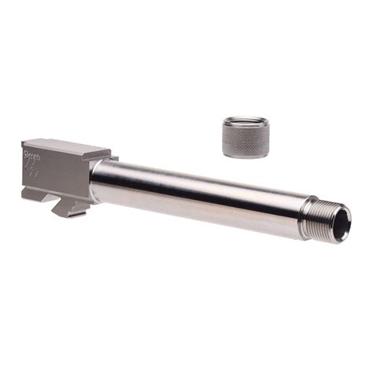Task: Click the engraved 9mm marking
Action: point(33,151)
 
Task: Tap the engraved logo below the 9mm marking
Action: point(35,168)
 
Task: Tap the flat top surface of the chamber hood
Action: point(67,146)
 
